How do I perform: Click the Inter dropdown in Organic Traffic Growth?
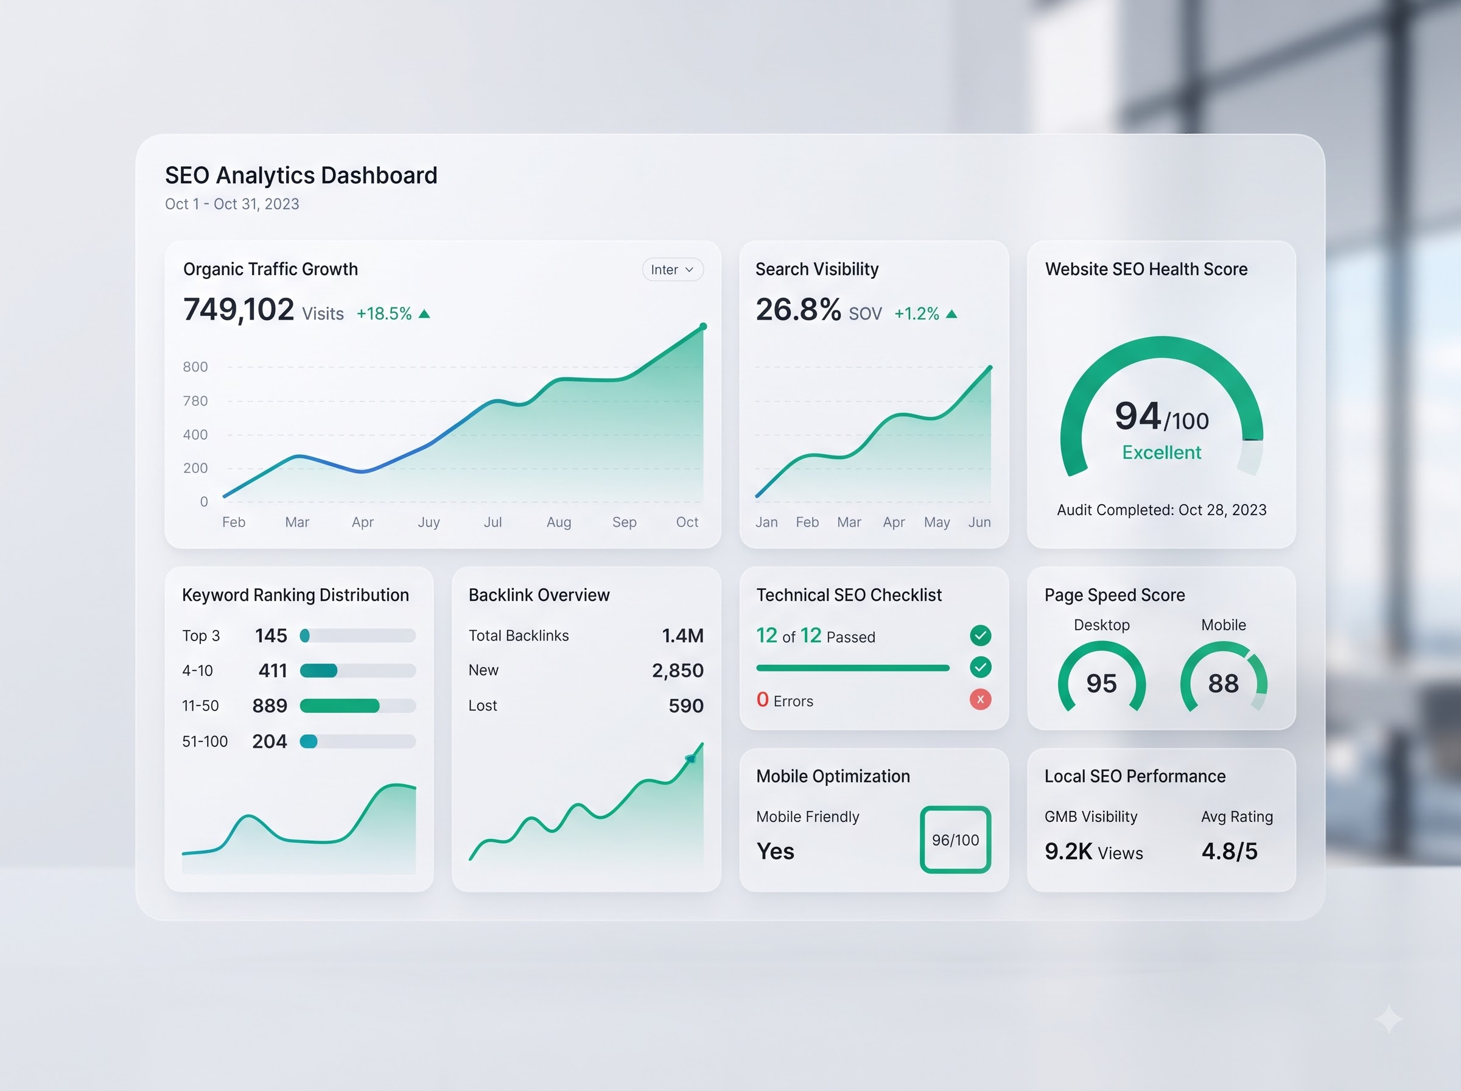[673, 270]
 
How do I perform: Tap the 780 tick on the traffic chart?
[195, 401]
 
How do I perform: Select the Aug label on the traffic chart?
[558, 522]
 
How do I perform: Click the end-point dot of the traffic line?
[703, 326]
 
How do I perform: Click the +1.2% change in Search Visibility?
[916, 314]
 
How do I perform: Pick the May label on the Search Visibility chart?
[937, 522]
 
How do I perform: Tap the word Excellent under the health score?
[1161, 452]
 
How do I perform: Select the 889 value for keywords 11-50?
[270, 706]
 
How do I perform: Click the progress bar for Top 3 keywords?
[358, 636]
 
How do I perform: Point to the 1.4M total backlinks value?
[682, 636]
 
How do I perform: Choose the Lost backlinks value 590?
[686, 706]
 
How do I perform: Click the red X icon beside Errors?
[980, 700]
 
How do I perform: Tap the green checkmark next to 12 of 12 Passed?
[980, 636]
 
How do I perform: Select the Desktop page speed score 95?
[1101, 684]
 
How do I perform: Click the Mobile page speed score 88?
[1224, 684]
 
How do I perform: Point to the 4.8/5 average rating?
[1229, 852]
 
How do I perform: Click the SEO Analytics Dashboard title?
[301, 176]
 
